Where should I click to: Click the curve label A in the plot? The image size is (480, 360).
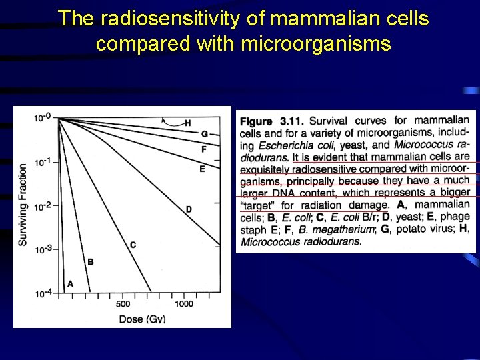tap(71, 284)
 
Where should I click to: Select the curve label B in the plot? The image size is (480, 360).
tap(91, 262)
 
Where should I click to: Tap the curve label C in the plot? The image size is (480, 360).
tap(133, 245)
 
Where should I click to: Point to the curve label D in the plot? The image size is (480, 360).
tap(189, 209)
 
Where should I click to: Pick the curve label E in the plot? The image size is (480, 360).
tap(202, 169)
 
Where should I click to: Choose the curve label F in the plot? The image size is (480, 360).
tap(204, 149)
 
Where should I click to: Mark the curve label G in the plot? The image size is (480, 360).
tap(205, 135)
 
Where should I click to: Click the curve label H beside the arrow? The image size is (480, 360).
tap(188, 123)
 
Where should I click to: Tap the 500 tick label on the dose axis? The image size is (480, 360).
tap(123, 304)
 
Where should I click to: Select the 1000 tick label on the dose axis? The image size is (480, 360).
tap(184, 304)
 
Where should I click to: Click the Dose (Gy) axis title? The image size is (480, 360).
tap(143, 319)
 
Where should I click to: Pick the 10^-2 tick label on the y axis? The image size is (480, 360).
tap(41, 206)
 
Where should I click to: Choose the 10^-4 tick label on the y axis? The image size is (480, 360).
tap(41, 293)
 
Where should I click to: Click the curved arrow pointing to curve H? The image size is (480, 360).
tap(171, 121)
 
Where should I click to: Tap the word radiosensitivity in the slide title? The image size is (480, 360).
tap(167, 19)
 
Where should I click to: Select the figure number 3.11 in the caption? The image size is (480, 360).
tap(291, 121)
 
